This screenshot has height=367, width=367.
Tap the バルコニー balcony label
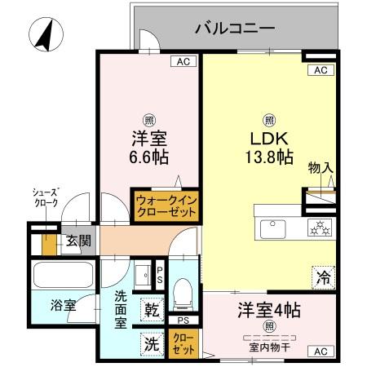click(x=235, y=30)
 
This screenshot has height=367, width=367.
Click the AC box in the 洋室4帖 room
click(x=321, y=351)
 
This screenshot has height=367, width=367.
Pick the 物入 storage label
click(x=320, y=168)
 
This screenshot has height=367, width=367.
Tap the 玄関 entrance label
click(x=78, y=241)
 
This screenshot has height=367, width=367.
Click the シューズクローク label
click(x=45, y=198)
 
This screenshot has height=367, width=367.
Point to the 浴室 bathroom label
click(x=64, y=305)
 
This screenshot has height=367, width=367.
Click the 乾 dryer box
click(x=153, y=309)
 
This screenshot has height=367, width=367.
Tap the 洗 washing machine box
click(x=152, y=343)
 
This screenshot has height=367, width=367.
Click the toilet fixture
click(x=184, y=290)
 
